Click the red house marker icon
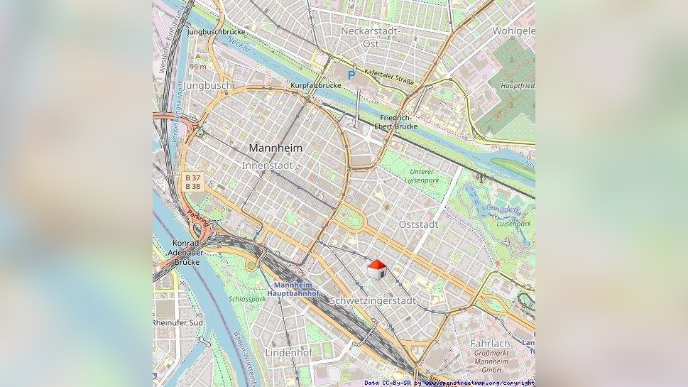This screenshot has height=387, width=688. tap(376, 269)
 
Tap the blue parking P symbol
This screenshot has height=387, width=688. tap(351, 74)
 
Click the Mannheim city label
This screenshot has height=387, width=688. tap(275, 148)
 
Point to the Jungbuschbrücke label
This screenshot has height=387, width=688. tap(216, 32)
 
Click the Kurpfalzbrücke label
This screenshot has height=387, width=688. tap(316, 85)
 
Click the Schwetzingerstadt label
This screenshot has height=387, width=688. tap(373, 300)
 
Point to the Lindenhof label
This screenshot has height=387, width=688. tap(289, 352)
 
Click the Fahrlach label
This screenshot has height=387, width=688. tap(491, 343)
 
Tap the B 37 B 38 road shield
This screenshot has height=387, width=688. tap(192, 182)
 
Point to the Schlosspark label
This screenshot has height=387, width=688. tap(247, 299)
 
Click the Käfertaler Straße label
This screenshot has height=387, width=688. tap(388, 75)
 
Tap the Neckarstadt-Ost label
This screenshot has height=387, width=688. tap(370, 37)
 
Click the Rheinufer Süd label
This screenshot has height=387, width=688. tap(178, 323)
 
